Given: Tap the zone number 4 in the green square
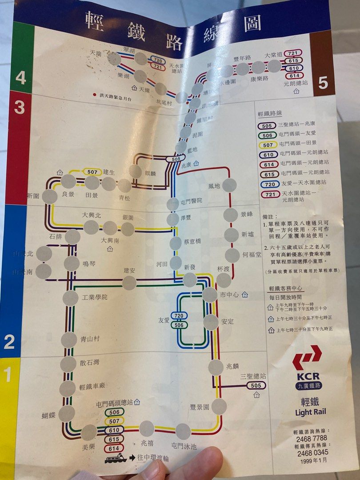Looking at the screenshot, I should tap(20, 78).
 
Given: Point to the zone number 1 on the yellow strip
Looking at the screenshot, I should tap(8, 375).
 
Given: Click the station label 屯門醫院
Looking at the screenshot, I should tap(191, 201).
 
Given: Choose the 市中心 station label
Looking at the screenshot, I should tap(230, 295).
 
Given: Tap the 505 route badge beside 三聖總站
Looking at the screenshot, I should tap(256, 385).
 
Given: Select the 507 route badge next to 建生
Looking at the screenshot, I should tap(92, 172).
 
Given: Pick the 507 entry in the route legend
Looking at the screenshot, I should tap(268, 144).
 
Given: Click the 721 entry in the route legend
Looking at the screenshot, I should tap(268, 193).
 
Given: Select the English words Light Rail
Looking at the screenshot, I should tap(310, 412).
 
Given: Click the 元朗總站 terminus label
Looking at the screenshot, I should tap(296, 83).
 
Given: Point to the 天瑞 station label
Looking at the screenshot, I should tap(96, 52).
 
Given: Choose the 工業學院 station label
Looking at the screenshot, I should tap(92, 297).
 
